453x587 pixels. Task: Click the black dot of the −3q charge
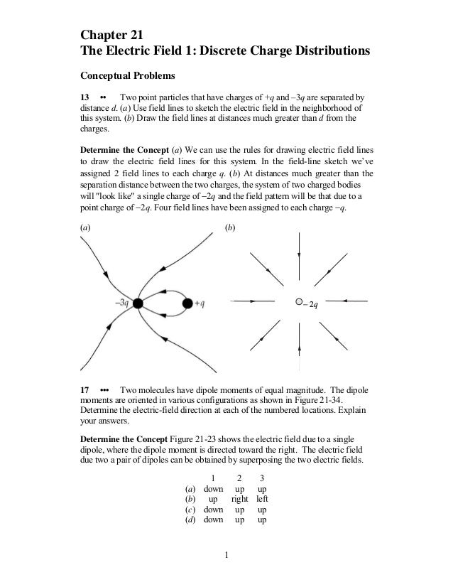[138, 303]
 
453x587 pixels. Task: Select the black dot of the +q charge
[187, 303]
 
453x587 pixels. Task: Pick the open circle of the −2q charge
[299, 302]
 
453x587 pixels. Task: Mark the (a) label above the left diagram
[85, 227]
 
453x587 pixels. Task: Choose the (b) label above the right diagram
[230, 227]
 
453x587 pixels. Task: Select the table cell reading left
[263, 500]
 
